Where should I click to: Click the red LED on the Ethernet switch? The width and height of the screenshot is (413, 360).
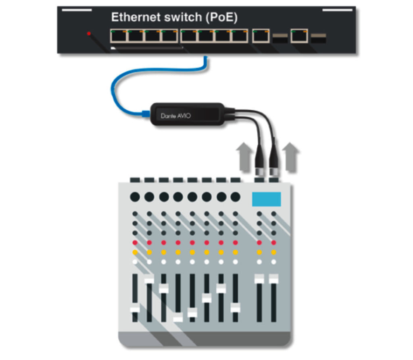(x=89, y=33)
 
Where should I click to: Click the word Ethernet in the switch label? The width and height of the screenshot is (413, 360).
(x=136, y=17)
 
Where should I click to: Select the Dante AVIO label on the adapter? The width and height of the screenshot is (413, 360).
(x=176, y=116)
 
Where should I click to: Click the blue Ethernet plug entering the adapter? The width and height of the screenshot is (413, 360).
(x=146, y=113)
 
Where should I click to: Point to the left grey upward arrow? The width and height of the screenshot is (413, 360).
(x=244, y=157)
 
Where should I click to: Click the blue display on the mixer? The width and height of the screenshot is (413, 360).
(x=267, y=199)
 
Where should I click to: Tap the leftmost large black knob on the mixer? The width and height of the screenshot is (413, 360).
(x=135, y=197)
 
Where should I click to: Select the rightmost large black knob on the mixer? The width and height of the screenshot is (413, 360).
(x=236, y=197)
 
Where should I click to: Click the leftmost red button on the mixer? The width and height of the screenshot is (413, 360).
(x=135, y=243)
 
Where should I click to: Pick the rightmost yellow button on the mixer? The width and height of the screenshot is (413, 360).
(x=274, y=252)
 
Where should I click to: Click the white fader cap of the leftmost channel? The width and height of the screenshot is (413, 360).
(x=135, y=309)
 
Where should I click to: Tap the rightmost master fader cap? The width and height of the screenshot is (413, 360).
(x=274, y=279)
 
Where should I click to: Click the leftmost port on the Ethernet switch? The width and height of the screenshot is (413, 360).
(x=119, y=36)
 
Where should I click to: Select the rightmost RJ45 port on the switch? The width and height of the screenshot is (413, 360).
(x=300, y=36)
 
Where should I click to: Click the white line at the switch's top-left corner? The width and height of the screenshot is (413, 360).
(x=77, y=10)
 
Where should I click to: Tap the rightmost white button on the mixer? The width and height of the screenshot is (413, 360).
(x=274, y=262)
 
